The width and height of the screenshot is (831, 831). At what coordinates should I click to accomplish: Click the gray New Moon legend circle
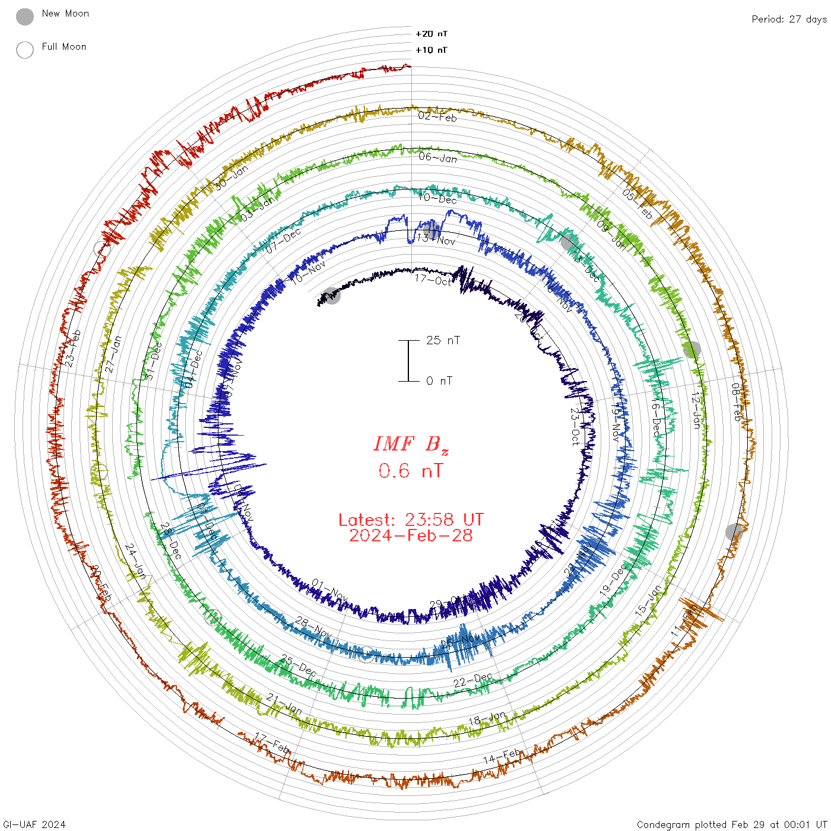[x=25, y=17]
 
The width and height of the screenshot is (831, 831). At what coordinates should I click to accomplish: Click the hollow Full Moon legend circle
[x=25, y=50]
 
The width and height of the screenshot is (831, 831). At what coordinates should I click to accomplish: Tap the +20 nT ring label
[x=432, y=34]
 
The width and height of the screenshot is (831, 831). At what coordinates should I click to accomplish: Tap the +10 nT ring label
[x=432, y=50]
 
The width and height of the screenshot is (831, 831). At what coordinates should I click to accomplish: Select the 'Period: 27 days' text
[x=789, y=19]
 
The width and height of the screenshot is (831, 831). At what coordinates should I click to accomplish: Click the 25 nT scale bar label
[x=443, y=340]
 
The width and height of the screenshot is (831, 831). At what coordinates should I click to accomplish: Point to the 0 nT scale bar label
[x=439, y=380]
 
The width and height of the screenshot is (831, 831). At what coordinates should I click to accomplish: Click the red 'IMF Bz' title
[x=411, y=444]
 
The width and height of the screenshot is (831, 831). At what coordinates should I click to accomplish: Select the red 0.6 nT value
[x=411, y=471]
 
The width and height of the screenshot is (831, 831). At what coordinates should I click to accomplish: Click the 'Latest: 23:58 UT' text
[x=411, y=520]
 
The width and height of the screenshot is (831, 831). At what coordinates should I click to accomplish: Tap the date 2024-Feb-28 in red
[x=411, y=535]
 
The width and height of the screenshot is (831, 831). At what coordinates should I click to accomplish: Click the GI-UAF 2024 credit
[x=34, y=824]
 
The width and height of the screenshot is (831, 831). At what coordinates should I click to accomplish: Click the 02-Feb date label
[x=437, y=117]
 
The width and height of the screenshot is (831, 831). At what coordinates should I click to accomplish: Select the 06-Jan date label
[x=438, y=157]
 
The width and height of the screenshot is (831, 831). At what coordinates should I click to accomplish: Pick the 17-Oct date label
[x=433, y=280]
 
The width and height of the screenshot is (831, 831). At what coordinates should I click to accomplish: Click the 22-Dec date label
[x=473, y=680]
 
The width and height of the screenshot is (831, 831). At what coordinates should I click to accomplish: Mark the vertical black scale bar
[x=408, y=360]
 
